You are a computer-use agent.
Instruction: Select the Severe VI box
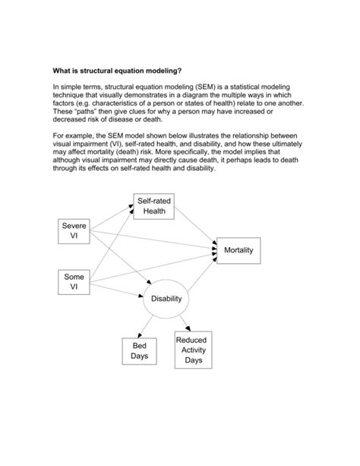[74, 232]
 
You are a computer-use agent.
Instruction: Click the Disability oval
[166, 299]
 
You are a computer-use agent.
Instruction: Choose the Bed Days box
[139, 350]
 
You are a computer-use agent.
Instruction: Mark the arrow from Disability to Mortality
[201, 277]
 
